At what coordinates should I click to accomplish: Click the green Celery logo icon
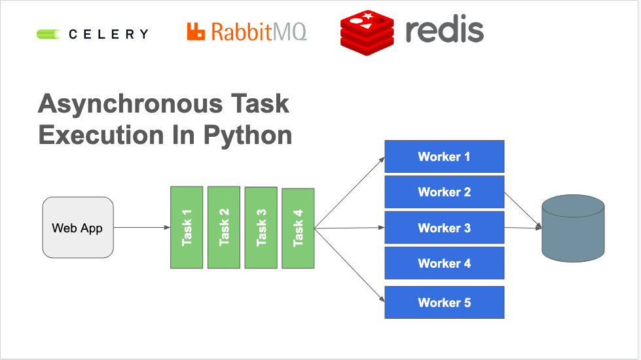tap(48, 34)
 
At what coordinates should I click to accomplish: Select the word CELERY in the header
tap(109, 34)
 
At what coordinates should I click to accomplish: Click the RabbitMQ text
tap(258, 31)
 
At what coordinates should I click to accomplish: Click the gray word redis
tap(444, 30)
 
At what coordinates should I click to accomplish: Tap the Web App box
tap(77, 228)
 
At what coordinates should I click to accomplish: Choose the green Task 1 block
tap(187, 228)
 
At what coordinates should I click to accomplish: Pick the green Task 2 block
tap(224, 228)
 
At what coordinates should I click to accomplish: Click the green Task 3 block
tap(261, 228)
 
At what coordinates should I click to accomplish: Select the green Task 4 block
tap(298, 228)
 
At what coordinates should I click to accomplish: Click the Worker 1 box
tap(444, 156)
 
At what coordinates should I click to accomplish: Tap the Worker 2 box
tap(444, 192)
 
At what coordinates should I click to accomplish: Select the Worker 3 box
tap(444, 228)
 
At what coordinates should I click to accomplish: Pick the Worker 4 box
tap(444, 263)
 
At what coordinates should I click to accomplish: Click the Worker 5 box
tap(444, 302)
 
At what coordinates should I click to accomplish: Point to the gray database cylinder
tap(573, 228)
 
